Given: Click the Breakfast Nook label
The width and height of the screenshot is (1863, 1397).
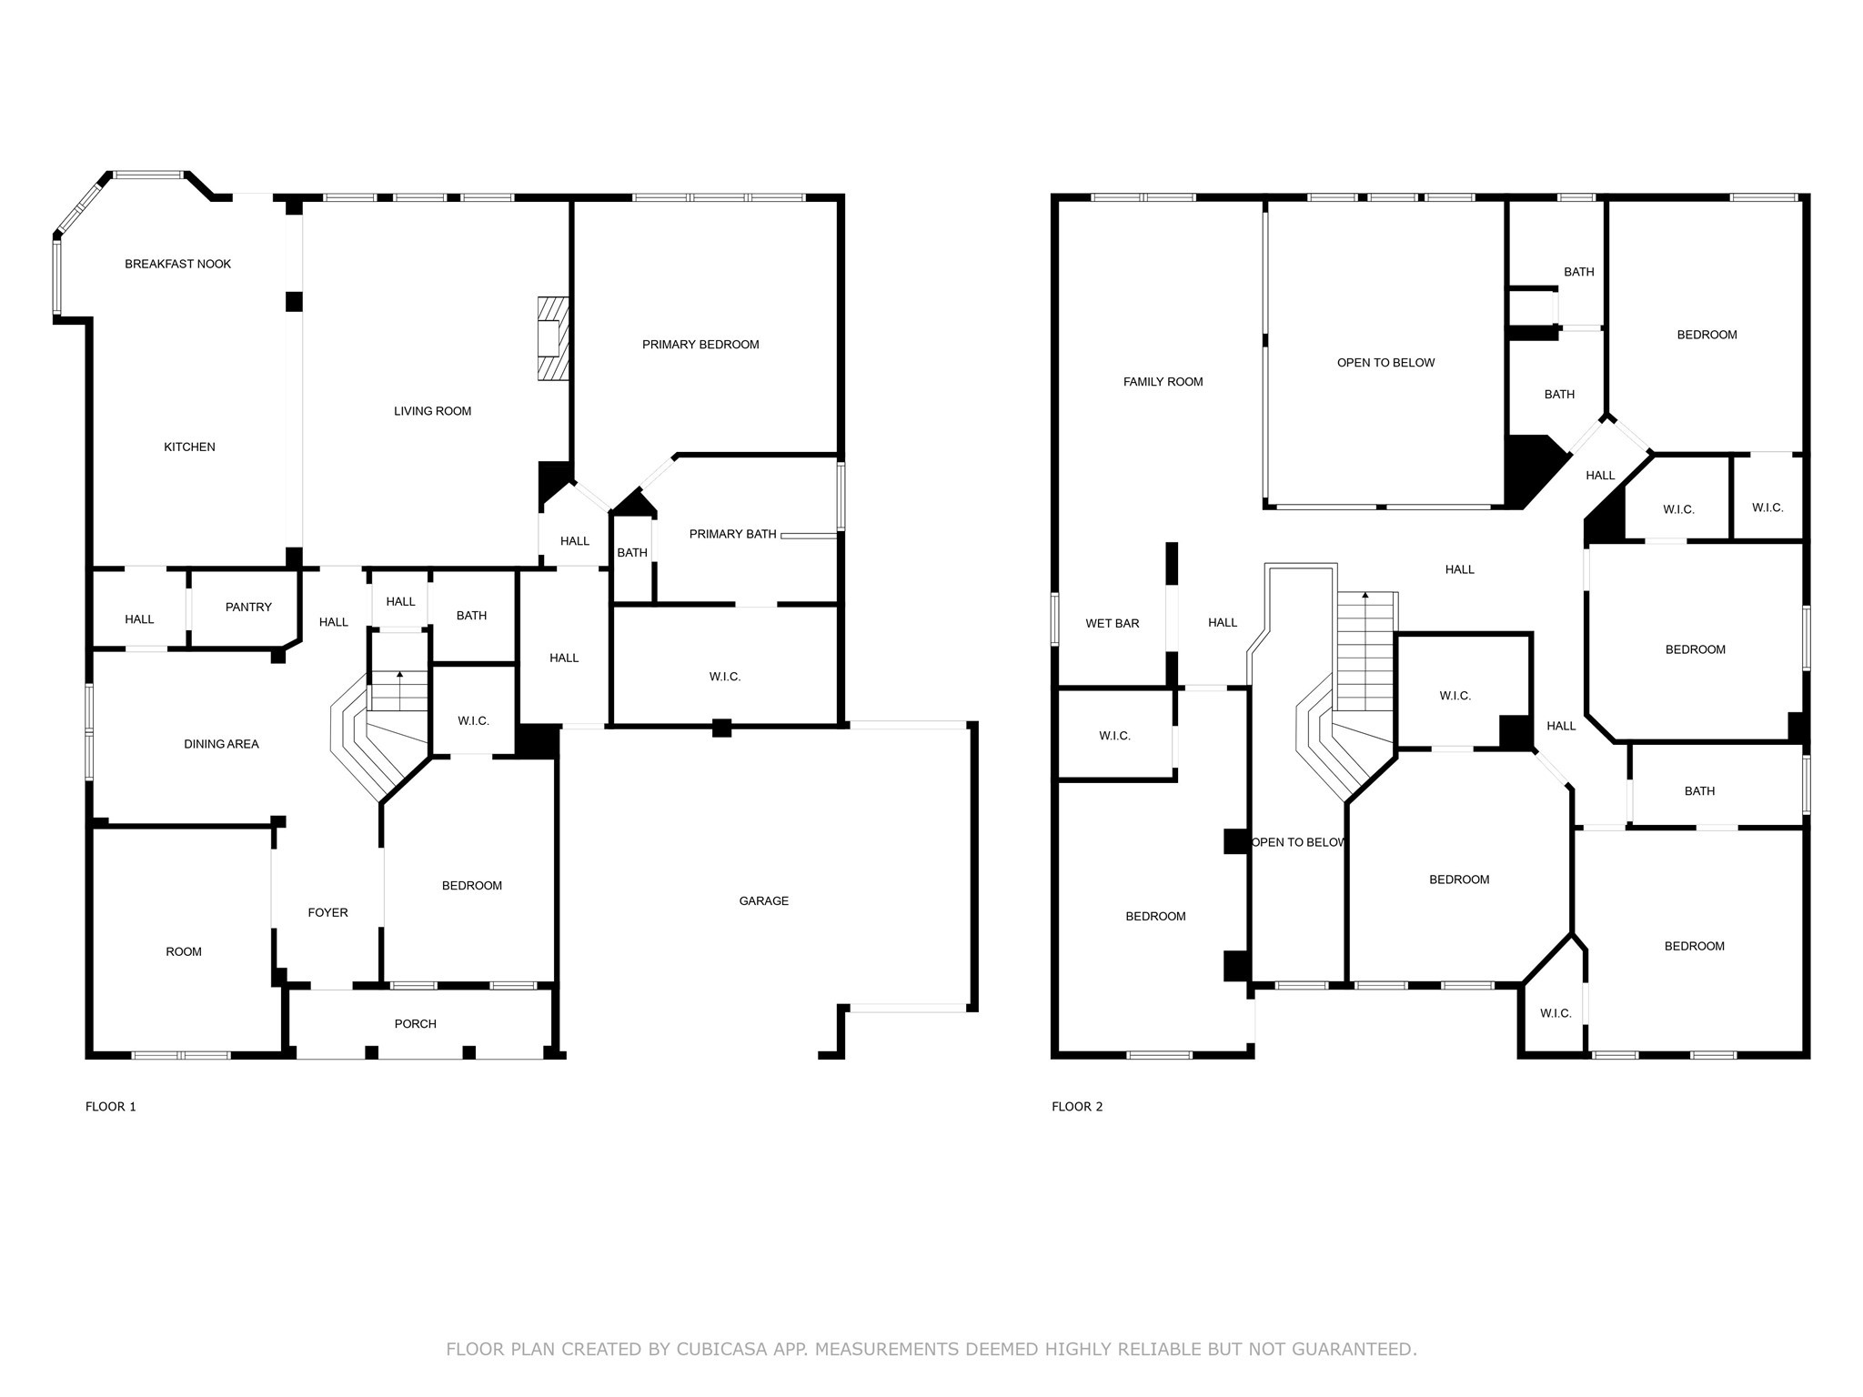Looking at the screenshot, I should point(177,264).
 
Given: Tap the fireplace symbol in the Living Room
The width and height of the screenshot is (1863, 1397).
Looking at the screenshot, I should point(552,338).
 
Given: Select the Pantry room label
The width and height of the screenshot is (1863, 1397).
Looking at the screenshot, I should point(248,607).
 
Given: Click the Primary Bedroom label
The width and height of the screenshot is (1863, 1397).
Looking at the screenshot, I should point(700,344).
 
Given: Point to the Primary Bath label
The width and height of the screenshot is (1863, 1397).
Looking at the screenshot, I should point(732,534).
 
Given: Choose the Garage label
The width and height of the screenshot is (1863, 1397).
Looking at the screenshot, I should point(763,900).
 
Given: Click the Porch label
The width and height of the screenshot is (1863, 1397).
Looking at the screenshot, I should point(415,1023).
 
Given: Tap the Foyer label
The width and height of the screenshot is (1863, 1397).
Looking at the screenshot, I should point(327,912).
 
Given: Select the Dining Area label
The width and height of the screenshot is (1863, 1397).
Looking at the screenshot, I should point(221,744).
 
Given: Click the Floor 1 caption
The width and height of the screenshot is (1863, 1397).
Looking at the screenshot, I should point(111,1107).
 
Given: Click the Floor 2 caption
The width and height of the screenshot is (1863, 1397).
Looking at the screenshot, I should point(1077,1107).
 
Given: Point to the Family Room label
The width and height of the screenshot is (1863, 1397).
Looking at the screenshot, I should point(1163,382).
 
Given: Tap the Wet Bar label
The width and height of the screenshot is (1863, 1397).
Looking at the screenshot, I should point(1112,624).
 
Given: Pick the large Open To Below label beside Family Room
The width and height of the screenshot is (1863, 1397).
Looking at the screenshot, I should point(1385,363).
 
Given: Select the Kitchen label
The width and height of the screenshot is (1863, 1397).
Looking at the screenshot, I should point(189,447).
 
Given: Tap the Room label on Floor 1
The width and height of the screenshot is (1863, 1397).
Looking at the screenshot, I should point(184,951).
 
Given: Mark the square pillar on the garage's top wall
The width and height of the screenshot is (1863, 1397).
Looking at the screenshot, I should point(721,727).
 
